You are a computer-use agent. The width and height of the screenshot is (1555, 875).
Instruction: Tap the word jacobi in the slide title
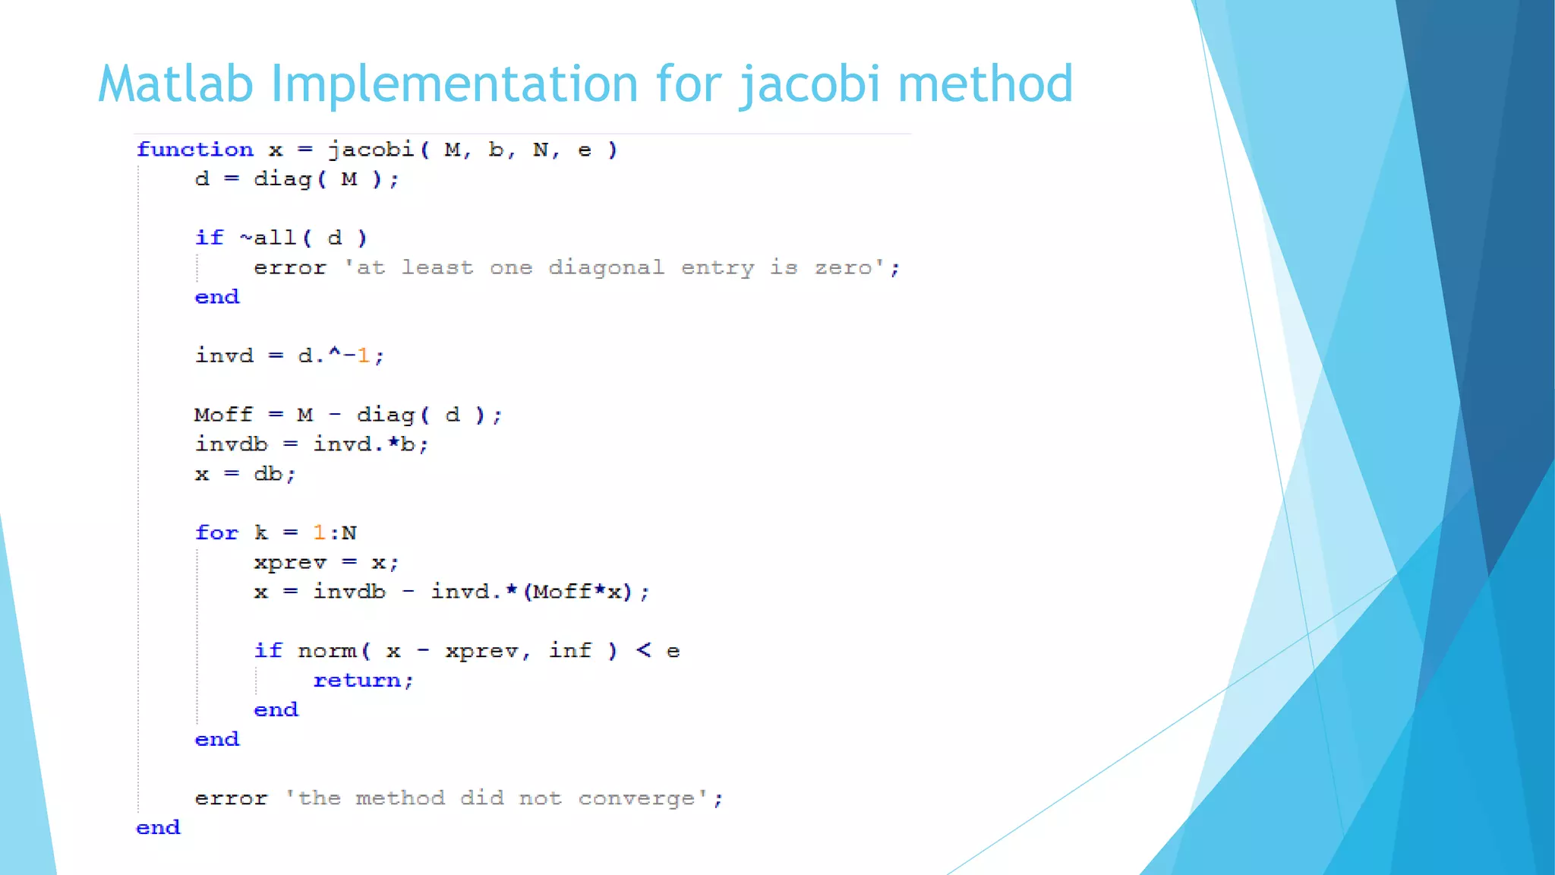(809, 85)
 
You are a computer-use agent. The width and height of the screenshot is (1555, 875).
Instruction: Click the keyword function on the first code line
(194, 150)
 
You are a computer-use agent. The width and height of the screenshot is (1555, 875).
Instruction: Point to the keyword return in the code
(357, 681)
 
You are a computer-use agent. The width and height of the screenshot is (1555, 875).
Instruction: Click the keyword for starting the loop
(216, 532)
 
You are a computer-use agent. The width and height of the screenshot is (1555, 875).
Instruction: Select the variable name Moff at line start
(223, 415)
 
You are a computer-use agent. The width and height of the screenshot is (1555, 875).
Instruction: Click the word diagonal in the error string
(606, 268)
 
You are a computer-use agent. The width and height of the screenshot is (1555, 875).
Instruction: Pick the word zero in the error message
(843, 268)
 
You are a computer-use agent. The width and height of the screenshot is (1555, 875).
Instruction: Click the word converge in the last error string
(637, 798)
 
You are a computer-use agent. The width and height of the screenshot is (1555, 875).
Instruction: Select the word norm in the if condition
(326, 651)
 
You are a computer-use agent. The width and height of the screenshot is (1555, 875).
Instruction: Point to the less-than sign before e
(643, 650)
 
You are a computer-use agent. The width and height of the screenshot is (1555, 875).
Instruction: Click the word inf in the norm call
(569, 651)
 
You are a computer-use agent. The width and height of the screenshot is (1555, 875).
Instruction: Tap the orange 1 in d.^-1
(364, 355)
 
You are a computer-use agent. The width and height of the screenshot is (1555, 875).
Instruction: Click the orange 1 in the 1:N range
(319, 532)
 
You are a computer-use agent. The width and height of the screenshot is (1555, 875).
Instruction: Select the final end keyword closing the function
(158, 828)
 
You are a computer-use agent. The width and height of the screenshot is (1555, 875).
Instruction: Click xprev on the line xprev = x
(290, 563)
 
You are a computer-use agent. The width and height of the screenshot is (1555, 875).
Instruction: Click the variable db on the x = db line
(268, 474)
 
